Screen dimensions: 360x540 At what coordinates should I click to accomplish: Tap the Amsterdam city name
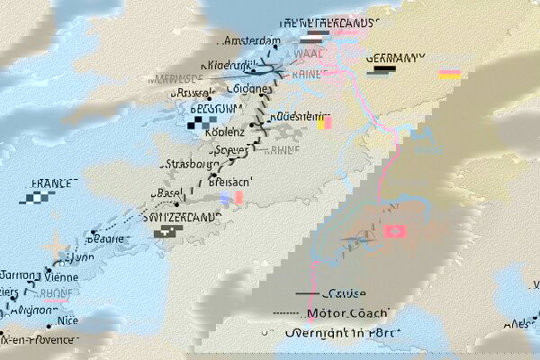(x=253, y=40)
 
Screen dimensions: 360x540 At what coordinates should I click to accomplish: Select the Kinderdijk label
(x=232, y=65)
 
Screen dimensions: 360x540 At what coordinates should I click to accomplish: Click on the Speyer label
(x=229, y=148)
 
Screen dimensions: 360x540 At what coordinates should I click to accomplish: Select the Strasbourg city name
(x=190, y=165)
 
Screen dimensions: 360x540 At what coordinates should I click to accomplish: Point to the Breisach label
(x=229, y=182)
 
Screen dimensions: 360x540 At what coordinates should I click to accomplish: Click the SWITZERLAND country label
(x=183, y=217)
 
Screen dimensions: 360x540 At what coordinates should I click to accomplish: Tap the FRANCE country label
(x=52, y=184)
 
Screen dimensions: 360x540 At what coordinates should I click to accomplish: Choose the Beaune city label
(x=107, y=239)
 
